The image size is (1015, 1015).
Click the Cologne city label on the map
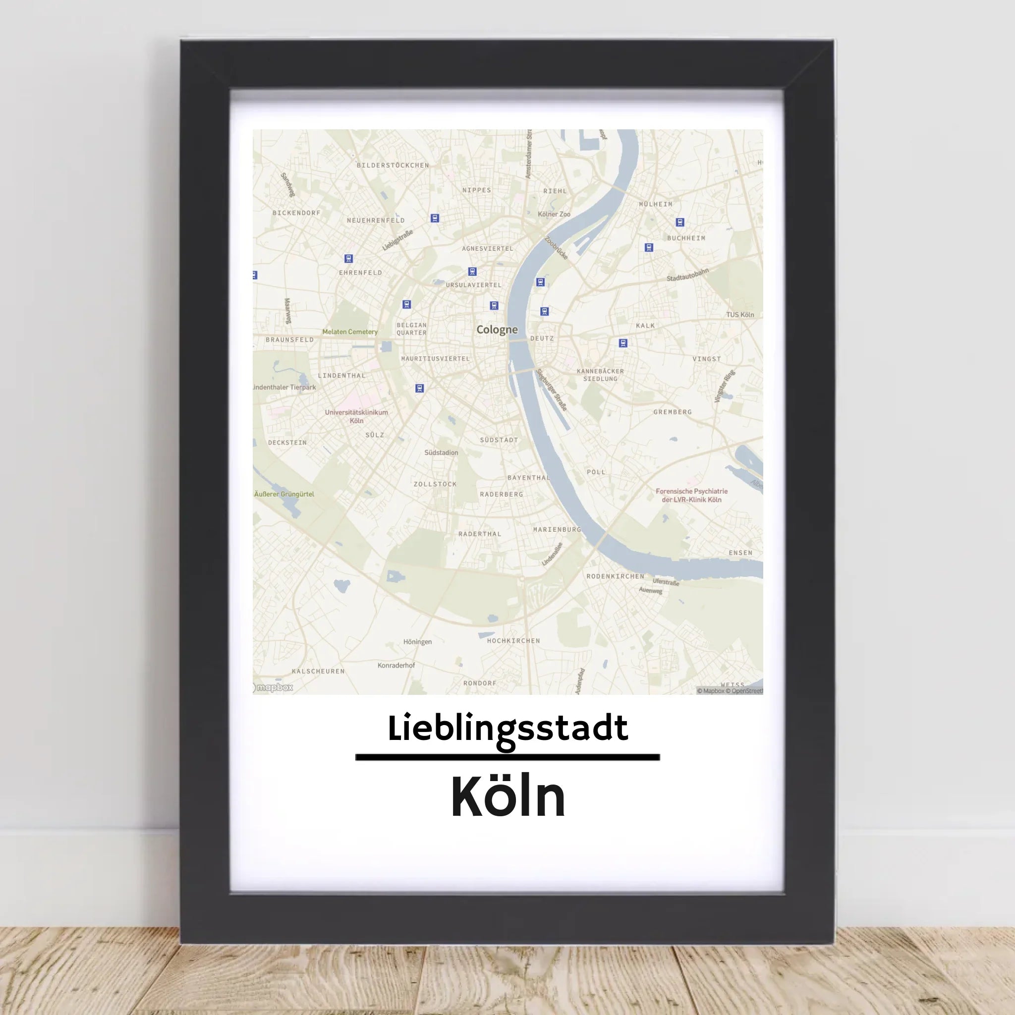(497, 330)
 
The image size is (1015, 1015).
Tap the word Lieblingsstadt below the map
(507, 729)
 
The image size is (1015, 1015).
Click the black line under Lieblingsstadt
(507, 757)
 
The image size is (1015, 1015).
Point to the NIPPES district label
(476, 190)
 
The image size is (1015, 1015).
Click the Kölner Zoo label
(554, 214)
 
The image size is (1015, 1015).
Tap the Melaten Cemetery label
(350, 332)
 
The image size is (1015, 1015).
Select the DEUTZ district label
(542, 338)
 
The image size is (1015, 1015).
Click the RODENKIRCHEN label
(615, 576)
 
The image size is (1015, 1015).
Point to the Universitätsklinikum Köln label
(356, 416)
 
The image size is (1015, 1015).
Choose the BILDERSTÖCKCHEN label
(393, 166)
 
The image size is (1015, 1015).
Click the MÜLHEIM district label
(656, 204)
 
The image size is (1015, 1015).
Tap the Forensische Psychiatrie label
(691, 496)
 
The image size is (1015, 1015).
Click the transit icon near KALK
(623, 343)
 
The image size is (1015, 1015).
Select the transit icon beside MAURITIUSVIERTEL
(419, 388)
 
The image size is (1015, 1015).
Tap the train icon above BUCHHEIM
(680, 222)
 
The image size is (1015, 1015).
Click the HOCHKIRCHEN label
(513, 641)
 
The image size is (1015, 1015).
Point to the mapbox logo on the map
(273, 687)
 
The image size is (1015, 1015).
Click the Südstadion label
(441, 453)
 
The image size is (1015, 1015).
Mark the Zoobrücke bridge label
(557, 248)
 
